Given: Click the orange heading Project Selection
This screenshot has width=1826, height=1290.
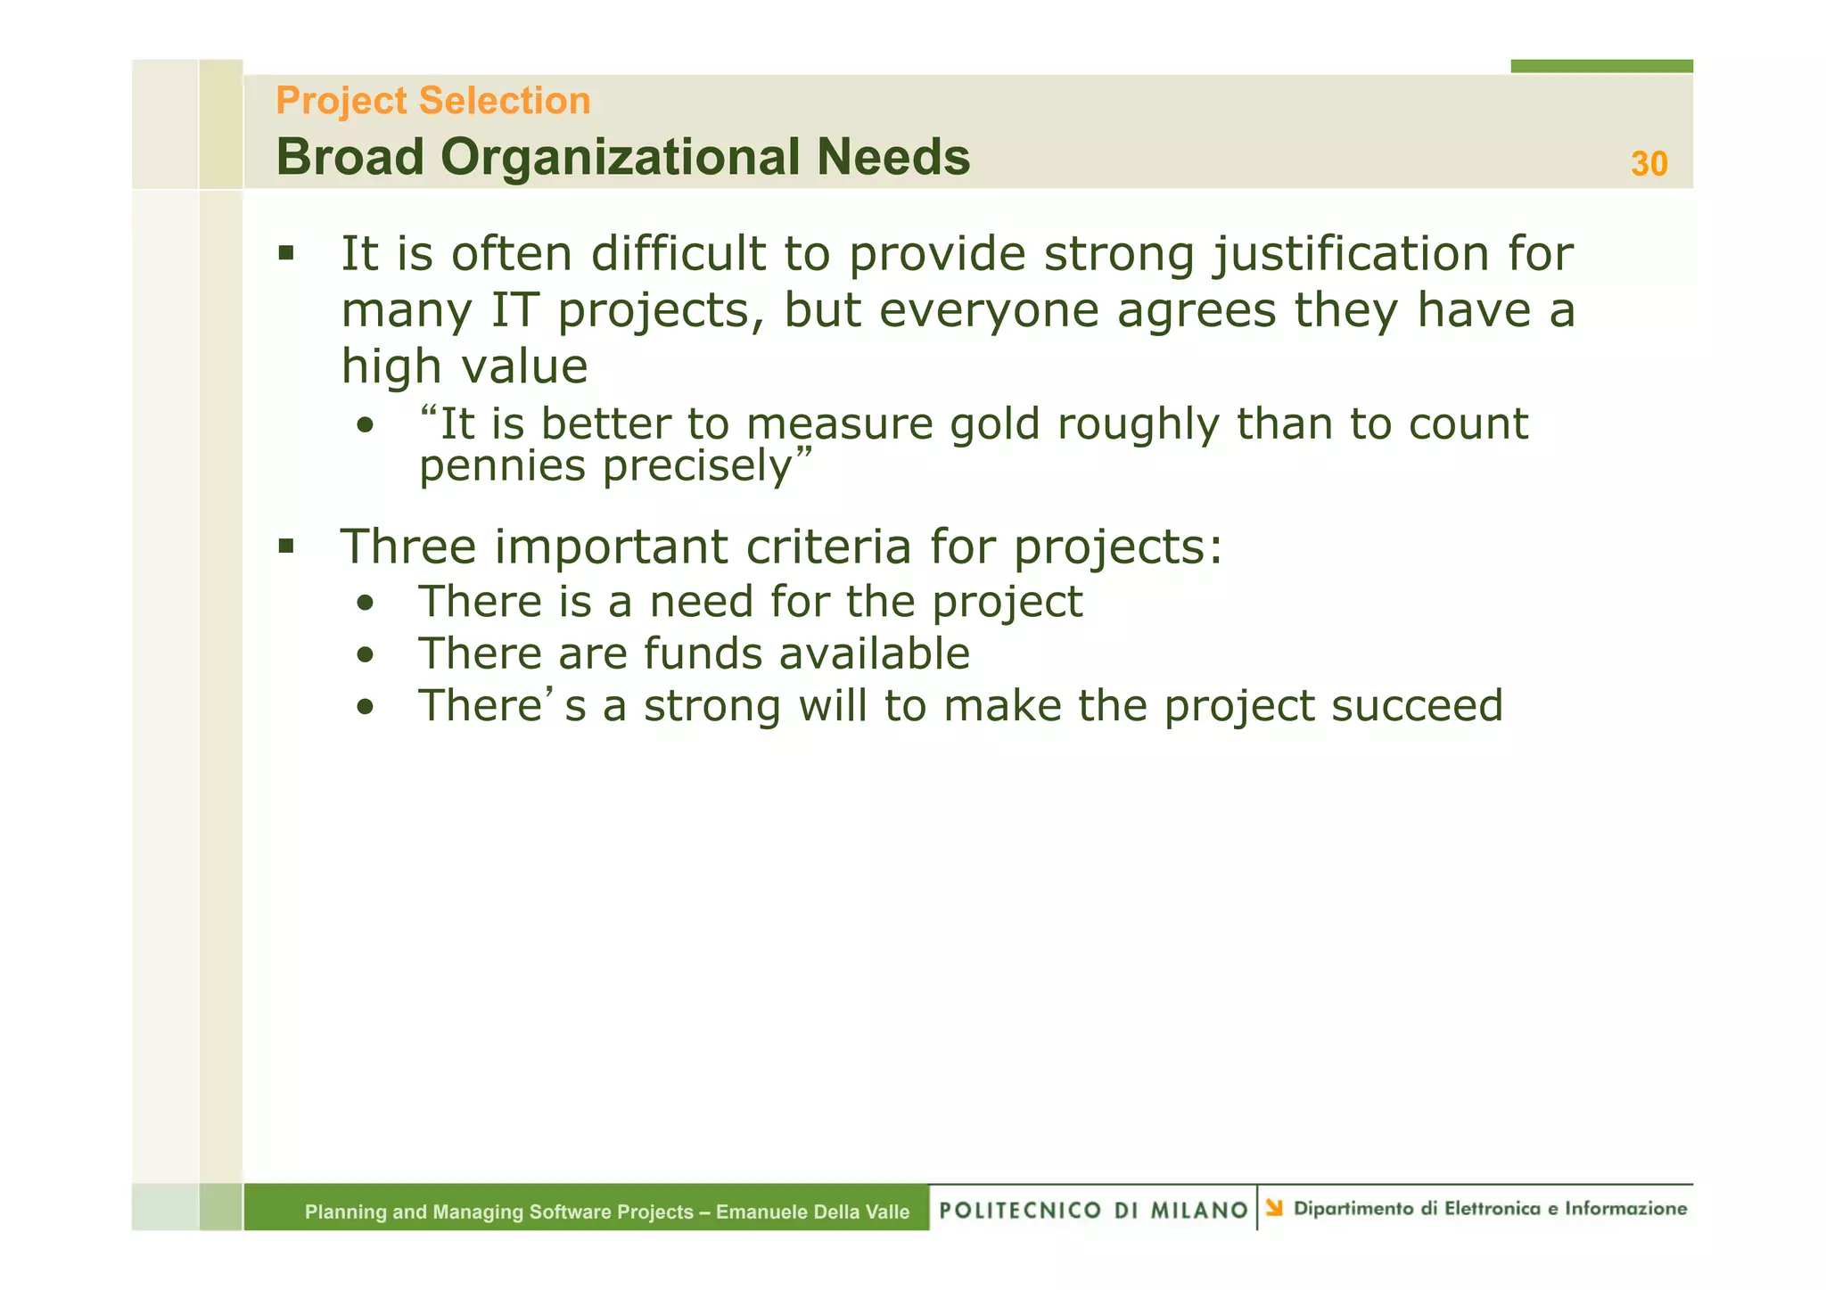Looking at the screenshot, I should (432, 101).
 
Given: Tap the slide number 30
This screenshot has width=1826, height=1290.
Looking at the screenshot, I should (1649, 165).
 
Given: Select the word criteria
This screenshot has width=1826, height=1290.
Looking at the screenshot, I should (828, 546).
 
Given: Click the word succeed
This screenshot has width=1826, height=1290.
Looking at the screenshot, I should (1417, 706).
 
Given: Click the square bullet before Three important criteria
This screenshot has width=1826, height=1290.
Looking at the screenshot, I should (285, 546).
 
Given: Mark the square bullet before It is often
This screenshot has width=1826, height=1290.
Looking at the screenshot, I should (285, 254).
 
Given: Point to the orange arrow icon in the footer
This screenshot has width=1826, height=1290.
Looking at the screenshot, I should (1274, 1208).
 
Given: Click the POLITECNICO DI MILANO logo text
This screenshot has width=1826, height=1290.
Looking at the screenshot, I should (1093, 1210).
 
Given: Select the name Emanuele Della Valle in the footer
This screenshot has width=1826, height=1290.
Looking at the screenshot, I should (812, 1212).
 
